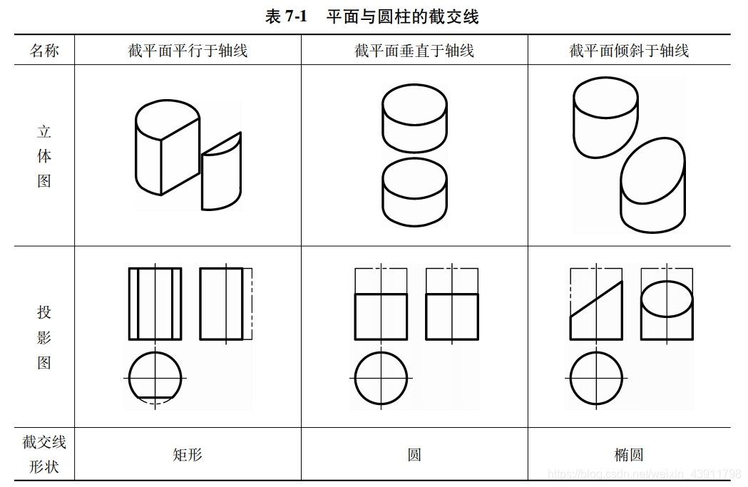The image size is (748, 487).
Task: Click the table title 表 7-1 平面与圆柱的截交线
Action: pos(372,16)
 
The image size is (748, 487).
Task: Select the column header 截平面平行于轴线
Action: pos(188,50)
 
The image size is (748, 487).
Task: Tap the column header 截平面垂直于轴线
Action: pos(414,50)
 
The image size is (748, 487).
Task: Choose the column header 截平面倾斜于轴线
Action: pos(629,50)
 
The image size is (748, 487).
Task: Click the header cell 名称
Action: pos(44,50)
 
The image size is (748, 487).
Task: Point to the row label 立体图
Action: pos(44,156)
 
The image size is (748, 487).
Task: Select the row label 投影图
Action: pos(44,337)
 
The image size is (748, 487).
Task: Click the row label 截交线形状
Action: pos(44,453)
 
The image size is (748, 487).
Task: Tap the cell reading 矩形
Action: pos(188,455)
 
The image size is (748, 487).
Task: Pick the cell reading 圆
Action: pos(414,455)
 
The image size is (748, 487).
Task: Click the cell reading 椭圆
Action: pos(629,455)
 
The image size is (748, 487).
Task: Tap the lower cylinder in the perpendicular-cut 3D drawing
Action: pos(414,192)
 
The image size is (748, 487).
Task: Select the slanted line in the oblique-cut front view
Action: pos(596,299)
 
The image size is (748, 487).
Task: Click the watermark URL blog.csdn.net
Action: pos(644,474)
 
